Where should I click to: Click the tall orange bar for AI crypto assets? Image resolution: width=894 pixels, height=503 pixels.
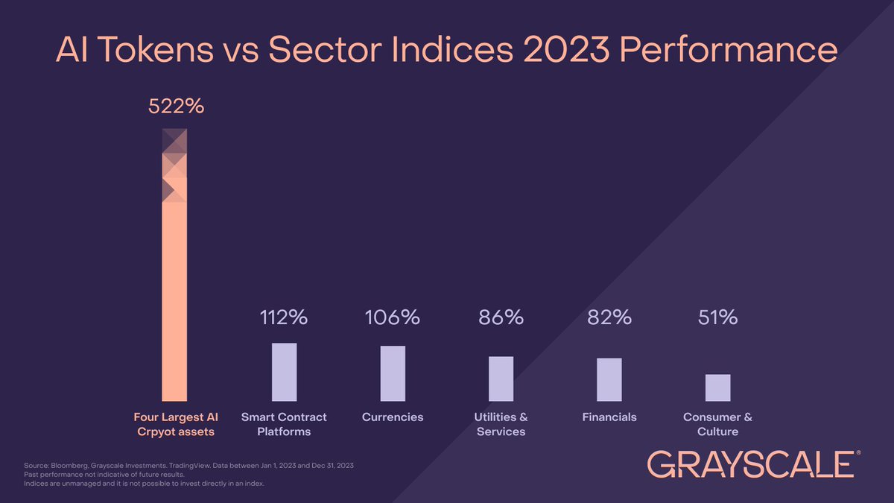pyautogui.click(x=174, y=298)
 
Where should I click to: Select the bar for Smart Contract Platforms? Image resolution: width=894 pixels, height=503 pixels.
pyautogui.click(x=284, y=372)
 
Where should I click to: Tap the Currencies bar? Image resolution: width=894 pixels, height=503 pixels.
pyautogui.click(x=393, y=373)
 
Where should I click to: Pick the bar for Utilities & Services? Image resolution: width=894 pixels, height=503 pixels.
pyautogui.click(x=501, y=379)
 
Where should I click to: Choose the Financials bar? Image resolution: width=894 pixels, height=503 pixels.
pyautogui.click(x=609, y=379)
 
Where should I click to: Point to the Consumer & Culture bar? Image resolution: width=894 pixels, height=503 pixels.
pyautogui.click(x=717, y=387)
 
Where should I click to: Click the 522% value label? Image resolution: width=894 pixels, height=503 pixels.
pyautogui.click(x=176, y=107)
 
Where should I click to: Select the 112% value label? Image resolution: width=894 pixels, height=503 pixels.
pyautogui.click(x=284, y=317)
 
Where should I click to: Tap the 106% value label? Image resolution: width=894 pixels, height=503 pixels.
pyautogui.click(x=393, y=317)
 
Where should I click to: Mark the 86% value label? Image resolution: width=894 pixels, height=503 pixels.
pyautogui.click(x=501, y=317)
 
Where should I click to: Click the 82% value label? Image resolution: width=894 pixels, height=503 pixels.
pyautogui.click(x=609, y=317)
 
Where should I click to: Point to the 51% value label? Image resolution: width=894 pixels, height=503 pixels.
pyautogui.click(x=717, y=317)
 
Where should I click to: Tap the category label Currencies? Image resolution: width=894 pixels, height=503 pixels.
pyautogui.click(x=393, y=417)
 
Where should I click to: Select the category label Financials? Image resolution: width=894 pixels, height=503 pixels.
pyautogui.click(x=609, y=417)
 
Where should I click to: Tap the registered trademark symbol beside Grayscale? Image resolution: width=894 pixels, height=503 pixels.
pyautogui.click(x=859, y=452)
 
